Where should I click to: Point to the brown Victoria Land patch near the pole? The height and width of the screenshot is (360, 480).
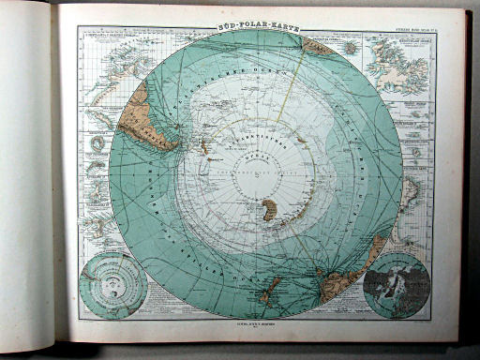[x=269, y=210]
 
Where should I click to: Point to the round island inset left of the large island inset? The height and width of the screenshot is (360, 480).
[x=351, y=47]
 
